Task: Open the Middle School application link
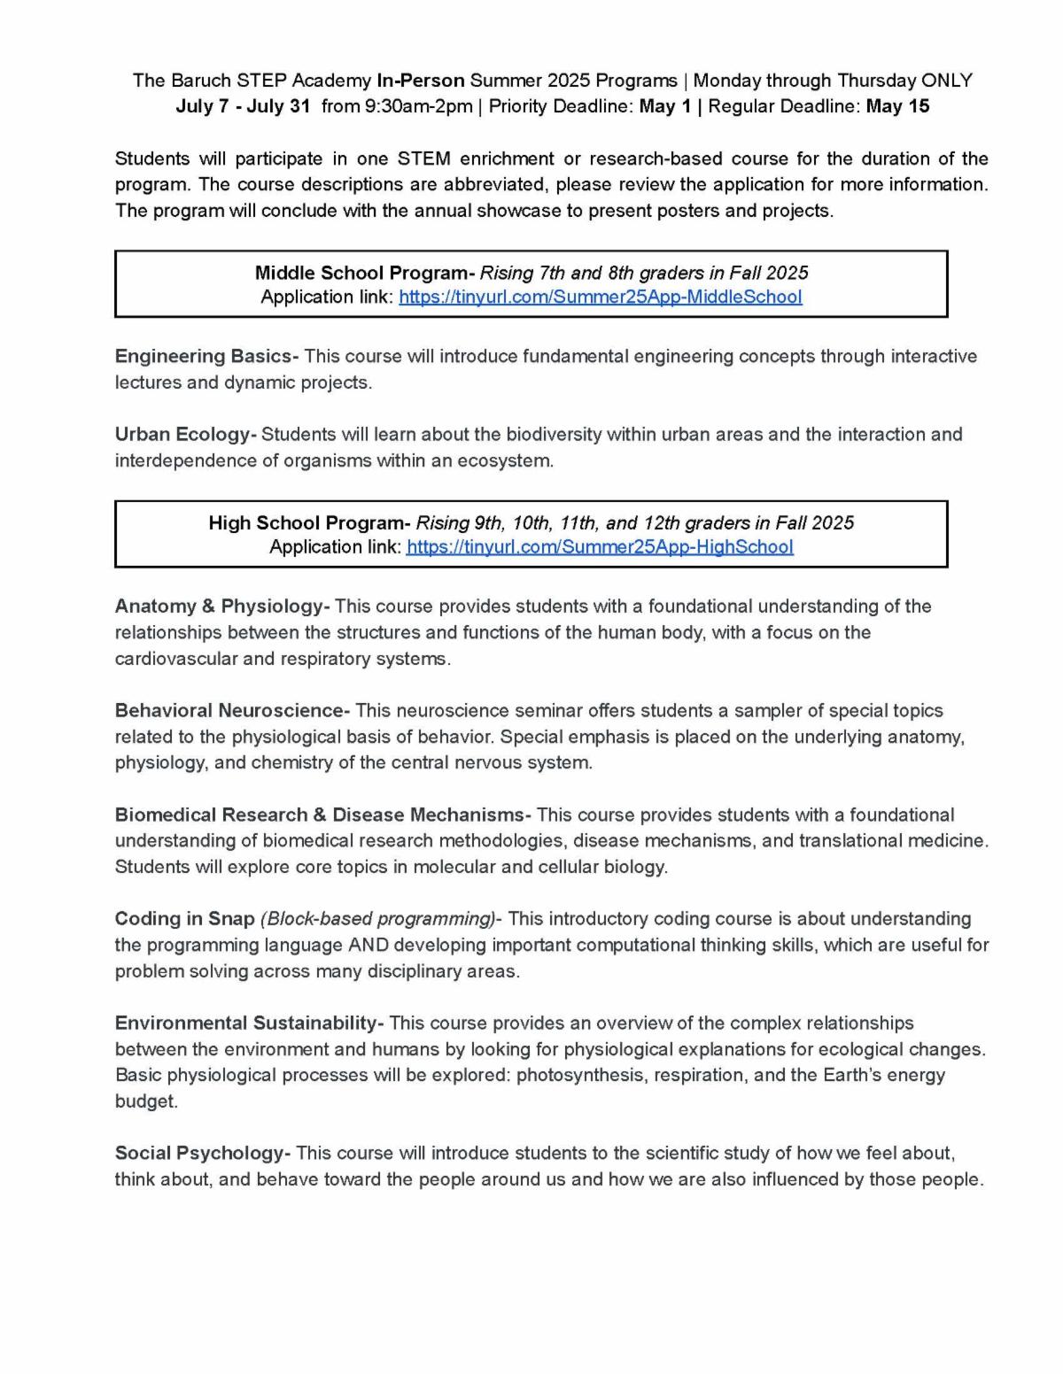[600, 297]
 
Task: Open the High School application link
[600, 547]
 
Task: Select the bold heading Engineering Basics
[206, 357]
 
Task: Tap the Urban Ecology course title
[184, 435]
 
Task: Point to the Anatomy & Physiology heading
[221, 606]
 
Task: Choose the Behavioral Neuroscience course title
[231, 711]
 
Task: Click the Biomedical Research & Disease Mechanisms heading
[322, 815]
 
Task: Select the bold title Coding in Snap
[184, 919]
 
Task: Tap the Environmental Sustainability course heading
[247, 1024]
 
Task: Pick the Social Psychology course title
[201, 1154]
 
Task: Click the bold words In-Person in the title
[421, 81]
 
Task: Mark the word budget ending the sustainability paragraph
[145, 1101]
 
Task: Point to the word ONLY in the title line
[947, 81]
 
